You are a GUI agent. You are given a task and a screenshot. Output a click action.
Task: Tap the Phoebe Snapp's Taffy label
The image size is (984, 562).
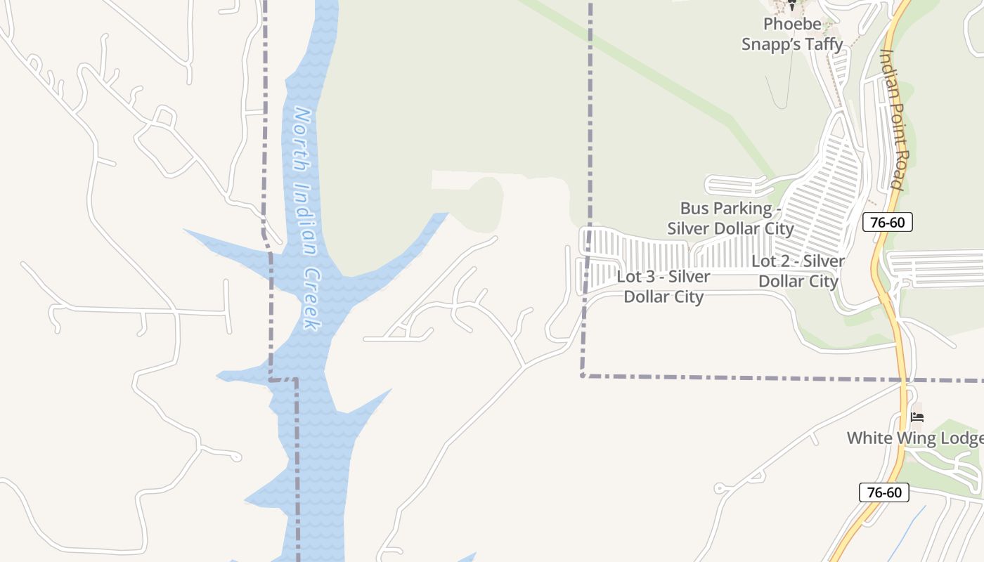pos(792,34)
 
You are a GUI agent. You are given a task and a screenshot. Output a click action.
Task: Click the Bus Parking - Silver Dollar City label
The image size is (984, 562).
pos(730,218)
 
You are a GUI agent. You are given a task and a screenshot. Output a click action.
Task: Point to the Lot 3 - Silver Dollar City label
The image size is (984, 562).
pos(663,287)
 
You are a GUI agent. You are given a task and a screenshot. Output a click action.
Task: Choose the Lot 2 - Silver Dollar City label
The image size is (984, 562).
pos(798,271)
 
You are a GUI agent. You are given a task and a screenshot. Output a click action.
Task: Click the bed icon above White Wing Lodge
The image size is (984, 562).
pos(917,417)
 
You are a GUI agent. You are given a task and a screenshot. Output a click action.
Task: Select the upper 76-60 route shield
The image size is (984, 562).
pos(887,223)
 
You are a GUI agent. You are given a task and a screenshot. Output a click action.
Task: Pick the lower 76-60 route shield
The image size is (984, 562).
pos(884,492)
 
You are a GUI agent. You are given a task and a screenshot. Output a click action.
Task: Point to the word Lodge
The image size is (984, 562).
pos(963,439)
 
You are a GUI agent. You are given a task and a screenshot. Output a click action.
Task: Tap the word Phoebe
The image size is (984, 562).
pos(792,24)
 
